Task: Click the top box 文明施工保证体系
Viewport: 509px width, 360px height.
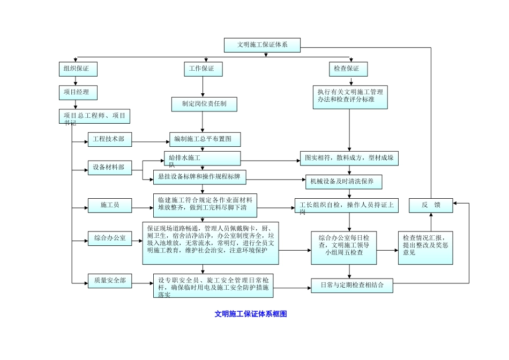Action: click(x=262, y=45)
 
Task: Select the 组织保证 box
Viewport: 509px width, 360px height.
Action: click(x=77, y=69)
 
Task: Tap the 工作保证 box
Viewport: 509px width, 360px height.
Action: click(x=202, y=69)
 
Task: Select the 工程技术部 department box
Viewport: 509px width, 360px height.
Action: click(x=109, y=140)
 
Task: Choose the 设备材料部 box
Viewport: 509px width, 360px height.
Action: click(x=109, y=168)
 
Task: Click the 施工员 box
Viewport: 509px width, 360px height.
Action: click(x=109, y=205)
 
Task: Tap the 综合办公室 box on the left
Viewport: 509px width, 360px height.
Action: click(x=109, y=238)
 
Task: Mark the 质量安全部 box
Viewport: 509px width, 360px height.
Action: click(x=109, y=280)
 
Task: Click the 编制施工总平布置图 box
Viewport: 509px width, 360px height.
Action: click(x=205, y=140)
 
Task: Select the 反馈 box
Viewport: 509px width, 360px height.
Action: click(x=431, y=205)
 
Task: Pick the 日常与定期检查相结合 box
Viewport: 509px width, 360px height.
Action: click(x=352, y=285)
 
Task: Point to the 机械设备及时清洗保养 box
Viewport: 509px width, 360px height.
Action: click(x=343, y=182)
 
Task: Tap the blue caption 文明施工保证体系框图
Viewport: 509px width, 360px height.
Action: click(x=251, y=314)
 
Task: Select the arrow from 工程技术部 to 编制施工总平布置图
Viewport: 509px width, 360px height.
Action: click(x=150, y=142)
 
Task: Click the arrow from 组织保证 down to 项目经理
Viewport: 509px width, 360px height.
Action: click(x=76, y=80)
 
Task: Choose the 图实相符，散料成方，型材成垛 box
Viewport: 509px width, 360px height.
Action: click(x=349, y=159)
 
